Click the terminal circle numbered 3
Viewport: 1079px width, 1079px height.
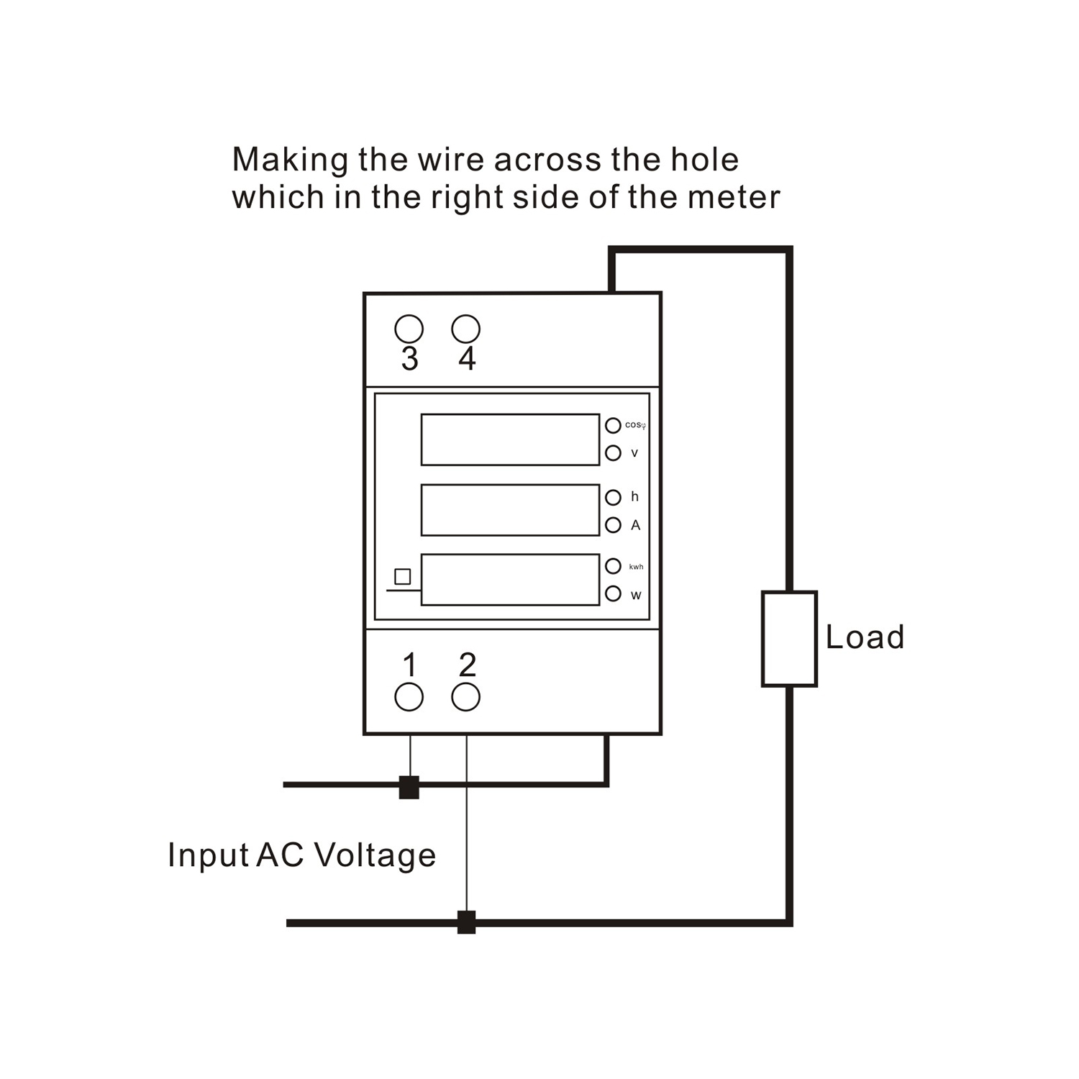click(409, 329)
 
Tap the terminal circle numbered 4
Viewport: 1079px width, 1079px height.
click(465, 329)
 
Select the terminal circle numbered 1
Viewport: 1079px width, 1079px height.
click(409, 697)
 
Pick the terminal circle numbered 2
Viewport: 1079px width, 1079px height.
click(465, 697)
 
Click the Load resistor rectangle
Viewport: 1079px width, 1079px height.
click(789, 639)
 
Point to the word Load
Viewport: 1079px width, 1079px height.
click(865, 637)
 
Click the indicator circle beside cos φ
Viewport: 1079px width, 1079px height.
click(613, 425)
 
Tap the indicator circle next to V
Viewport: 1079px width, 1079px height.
click(613, 453)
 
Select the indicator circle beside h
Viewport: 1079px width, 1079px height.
click(613, 497)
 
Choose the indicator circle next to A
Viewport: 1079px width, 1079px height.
click(613, 525)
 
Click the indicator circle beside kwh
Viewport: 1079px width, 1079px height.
click(613, 566)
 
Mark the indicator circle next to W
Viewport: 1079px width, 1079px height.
click(613, 594)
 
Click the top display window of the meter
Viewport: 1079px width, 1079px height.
click(510, 440)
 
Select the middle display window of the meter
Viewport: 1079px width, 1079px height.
click(510, 510)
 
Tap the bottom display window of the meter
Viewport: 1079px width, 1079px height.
click(510, 580)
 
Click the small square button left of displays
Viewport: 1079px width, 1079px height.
click(403, 576)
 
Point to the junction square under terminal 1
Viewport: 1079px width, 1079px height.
click(409, 788)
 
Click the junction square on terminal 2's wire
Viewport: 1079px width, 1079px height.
click(466, 922)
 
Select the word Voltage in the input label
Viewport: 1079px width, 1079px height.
click(375, 855)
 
